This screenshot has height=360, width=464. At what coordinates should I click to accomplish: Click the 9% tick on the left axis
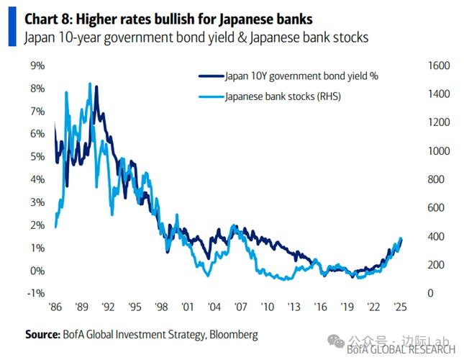[x=37, y=66]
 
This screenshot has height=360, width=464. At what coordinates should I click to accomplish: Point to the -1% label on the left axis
[x=35, y=293]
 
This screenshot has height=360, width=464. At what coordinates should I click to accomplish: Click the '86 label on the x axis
[x=55, y=307]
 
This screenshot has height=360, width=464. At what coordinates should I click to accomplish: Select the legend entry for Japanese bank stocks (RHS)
[x=282, y=96]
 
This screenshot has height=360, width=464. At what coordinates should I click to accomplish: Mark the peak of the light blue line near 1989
[x=90, y=84]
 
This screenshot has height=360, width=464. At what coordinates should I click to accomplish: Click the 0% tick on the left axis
[x=37, y=271]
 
